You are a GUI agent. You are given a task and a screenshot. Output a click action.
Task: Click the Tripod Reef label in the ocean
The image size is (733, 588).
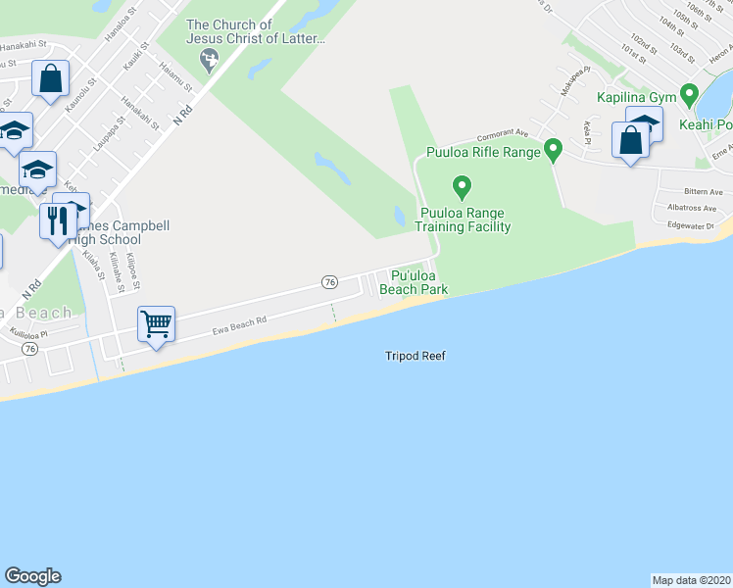tap(415, 356)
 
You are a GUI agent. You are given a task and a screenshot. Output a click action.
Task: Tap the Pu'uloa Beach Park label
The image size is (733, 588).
tap(414, 283)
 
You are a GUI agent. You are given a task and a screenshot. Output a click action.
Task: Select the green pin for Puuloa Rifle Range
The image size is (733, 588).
tap(553, 150)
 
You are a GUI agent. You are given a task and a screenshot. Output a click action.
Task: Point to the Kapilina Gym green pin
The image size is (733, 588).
tap(689, 95)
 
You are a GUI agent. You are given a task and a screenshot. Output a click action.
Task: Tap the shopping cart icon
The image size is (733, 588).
tap(157, 322)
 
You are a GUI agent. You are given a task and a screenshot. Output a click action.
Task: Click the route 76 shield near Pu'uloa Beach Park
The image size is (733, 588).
tap(329, 282)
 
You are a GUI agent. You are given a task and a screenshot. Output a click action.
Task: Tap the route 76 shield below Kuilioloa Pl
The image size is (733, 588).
tap(30, 348)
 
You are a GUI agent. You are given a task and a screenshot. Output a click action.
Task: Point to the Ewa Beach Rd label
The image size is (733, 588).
tap(240, 326)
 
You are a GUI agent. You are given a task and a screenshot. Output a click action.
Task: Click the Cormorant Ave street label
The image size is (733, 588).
tap(503, 135)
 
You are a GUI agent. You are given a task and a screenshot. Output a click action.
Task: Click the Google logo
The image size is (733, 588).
tap(32, 576)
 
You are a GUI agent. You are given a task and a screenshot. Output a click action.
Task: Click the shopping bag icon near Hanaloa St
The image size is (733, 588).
tap(50, 78)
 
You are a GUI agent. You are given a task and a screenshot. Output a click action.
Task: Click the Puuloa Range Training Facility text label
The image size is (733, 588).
tap(465, 220)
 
